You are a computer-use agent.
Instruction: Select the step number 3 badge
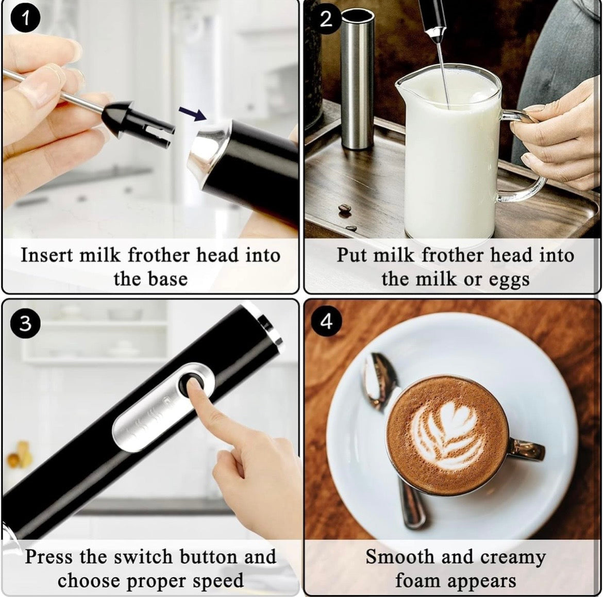click(x=24, y=323)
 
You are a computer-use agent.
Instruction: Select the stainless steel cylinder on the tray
click(x=357, y=77)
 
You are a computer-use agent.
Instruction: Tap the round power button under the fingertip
click(x=195, y=385)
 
